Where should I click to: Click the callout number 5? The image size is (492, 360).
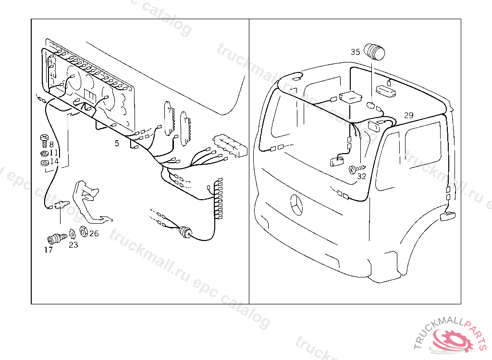click(116, 143)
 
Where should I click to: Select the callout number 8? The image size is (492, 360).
click(51, 144)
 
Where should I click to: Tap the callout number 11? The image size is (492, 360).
click(54, 153)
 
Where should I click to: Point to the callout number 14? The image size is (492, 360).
click(54, 162)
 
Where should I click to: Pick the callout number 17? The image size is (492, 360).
click(49, 250)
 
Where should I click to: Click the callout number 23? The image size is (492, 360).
click(73, 245)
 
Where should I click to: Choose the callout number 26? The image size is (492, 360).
click(94, 234)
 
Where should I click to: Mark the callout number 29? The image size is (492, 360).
click(408, 115)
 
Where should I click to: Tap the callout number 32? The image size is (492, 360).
click(362, 176)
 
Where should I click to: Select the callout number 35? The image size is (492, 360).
click(355, 52)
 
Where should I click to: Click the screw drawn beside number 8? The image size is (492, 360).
click(44, 139)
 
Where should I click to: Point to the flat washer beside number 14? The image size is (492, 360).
click(44, 163)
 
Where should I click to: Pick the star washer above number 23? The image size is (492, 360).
click(73, 234)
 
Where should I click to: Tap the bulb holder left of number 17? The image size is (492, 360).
click(57, 237)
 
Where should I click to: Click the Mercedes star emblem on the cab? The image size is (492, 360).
click(296, 206)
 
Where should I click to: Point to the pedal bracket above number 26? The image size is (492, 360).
click(89, 199)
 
